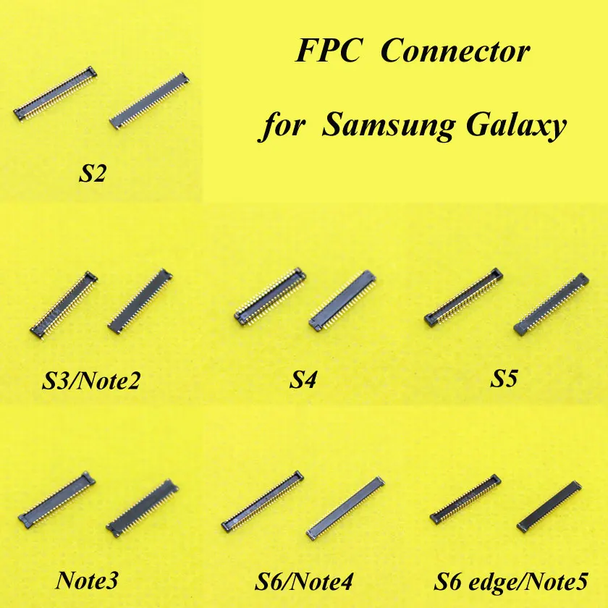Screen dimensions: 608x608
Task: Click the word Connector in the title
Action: coord(455,53)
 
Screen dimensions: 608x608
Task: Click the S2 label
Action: coord(94,174)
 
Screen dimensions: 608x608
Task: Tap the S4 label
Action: coord(304,379)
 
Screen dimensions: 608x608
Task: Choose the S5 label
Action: coord(504,379)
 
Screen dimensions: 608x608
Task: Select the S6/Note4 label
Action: coord(303,580)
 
